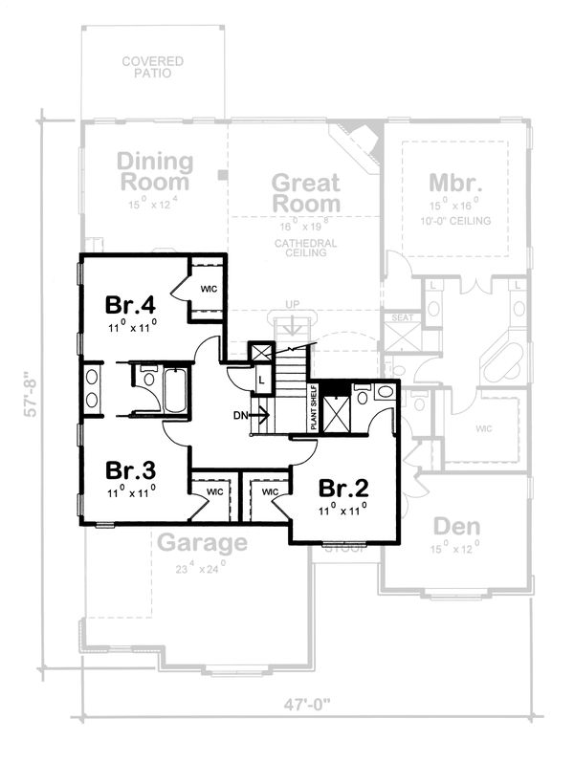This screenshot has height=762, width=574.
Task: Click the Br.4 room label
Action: point(131,305)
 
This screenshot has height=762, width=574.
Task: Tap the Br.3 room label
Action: point(131,470)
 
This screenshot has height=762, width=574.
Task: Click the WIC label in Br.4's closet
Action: point(208,287)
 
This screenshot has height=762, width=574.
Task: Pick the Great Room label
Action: point(305,192)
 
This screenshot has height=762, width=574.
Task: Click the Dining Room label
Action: point(154,171)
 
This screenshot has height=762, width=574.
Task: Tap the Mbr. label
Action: point(453,182)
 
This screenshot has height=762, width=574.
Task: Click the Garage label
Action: point(202,543)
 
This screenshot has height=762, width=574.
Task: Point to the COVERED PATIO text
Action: point(152,68)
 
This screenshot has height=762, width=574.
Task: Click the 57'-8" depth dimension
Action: point(33,395)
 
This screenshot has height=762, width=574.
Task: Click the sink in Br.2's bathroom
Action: point(384,391)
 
